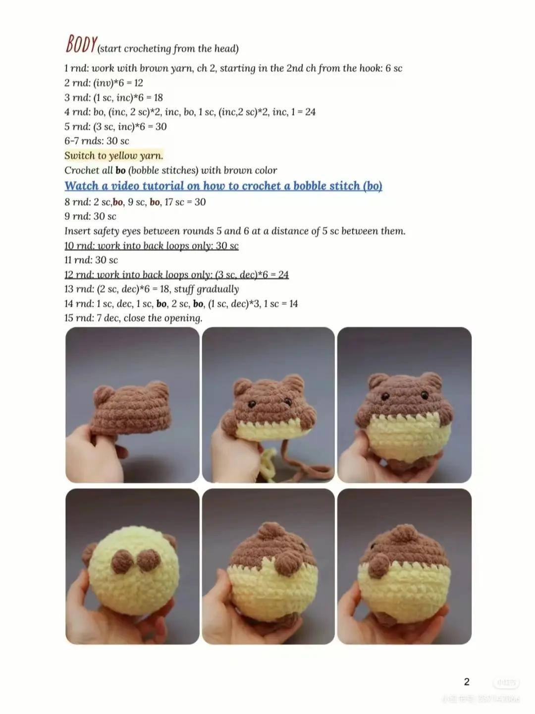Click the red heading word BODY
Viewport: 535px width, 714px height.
pos(81,45)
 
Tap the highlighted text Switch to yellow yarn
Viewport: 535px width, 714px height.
pos(113,156)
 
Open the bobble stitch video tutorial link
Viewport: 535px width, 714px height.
pos(223,186)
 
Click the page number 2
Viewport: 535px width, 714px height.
pos(466,682)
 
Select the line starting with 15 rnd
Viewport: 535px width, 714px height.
pos(133,318)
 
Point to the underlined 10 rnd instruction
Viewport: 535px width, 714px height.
pos(151,246)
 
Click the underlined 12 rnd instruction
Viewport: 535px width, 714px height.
pos(176,275)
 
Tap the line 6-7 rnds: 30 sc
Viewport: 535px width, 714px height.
pos(97,141)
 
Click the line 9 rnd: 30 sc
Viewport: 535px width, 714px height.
pos(90,217)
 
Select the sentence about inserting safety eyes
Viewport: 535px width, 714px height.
pos(234,231)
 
